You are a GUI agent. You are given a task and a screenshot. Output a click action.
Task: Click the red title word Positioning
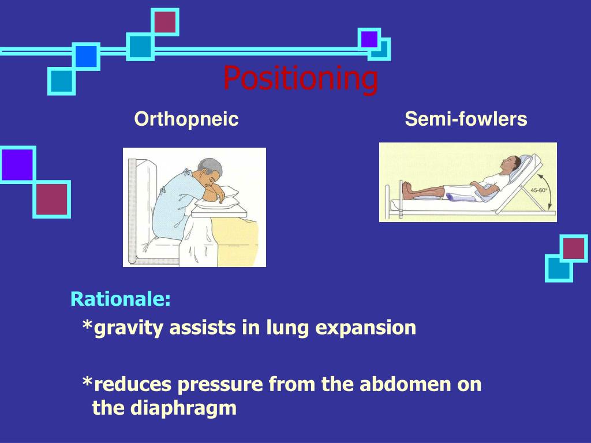coord(301,78)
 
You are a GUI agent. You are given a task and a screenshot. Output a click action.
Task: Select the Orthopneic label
coord(186,119)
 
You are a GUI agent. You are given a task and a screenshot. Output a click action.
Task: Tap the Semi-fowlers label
coord(466,119)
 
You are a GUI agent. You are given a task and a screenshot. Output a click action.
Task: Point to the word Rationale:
coord(121,299)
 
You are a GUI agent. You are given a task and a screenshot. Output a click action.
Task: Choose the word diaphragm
coord(183,408)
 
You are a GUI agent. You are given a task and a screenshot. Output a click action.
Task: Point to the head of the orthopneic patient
coord(210,173)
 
